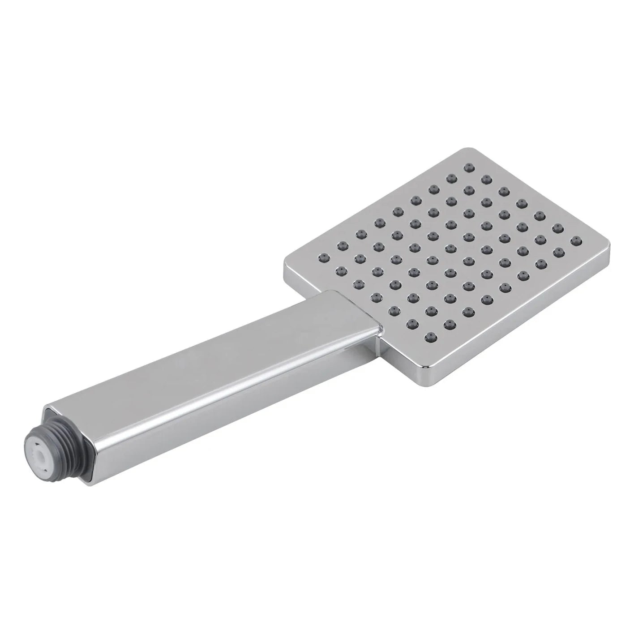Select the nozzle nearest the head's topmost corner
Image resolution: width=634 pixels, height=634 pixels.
pyautogui.click(x=468, y=167)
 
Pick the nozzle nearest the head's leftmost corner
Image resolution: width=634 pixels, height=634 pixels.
pyautogui.click(x=321, y=257)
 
